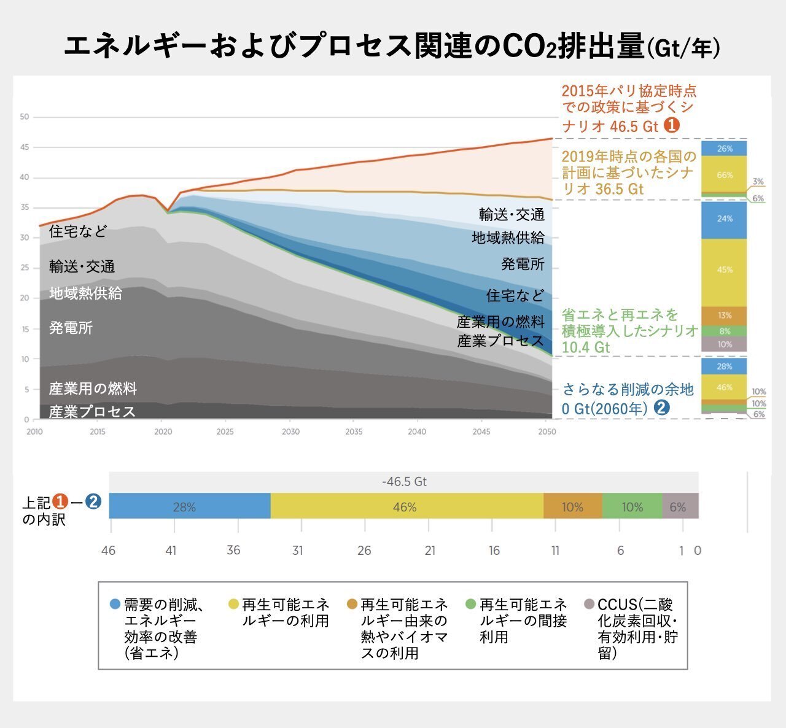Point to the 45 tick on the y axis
click(x=25, y=147)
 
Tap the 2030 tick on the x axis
click(x=290, y=432)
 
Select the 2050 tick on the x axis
click(x=546, y=432)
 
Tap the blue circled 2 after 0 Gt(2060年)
click(x=661, y=408)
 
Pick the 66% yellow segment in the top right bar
click(x=725, y=175)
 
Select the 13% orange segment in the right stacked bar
click(x=725, y=316)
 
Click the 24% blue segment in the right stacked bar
click(x=725, y=219)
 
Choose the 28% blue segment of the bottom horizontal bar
click(x=184, y=507)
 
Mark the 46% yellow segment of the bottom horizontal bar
click(x=405, y=507)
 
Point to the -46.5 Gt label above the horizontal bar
click(x=404, y=482)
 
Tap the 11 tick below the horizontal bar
click(x=555, y=551)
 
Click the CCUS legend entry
click(x=636, y=629)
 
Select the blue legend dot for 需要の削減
click(x=114, y=604)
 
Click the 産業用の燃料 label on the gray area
click(x=93, y=389)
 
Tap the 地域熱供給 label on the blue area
click(x=508, y=238)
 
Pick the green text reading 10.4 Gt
click(x=586, y=347)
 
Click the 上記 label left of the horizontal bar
click(x=37, y=503)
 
